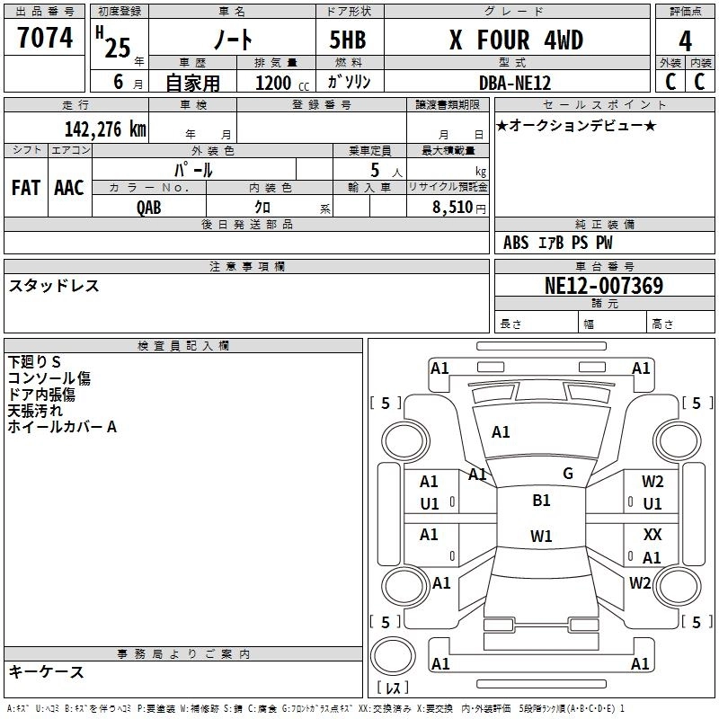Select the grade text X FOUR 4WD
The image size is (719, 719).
(516, 40)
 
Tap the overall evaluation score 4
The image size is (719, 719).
(685, 41)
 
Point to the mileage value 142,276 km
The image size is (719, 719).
(105, 129)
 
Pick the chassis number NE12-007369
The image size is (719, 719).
(604, 286)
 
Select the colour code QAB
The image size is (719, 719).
(149, 207)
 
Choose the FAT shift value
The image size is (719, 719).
(25, 188)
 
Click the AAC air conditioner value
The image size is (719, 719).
(69, 188)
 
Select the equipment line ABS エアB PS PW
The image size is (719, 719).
(558, 243)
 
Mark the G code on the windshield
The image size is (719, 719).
(567, 473)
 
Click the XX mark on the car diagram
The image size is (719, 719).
(652, 534)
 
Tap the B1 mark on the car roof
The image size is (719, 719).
(541, 501)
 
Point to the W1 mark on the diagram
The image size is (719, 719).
(541, 537)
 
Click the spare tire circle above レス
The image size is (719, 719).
(393, 657)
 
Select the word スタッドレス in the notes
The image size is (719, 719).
(54, 286)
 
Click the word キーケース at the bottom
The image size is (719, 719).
(47, 671)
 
